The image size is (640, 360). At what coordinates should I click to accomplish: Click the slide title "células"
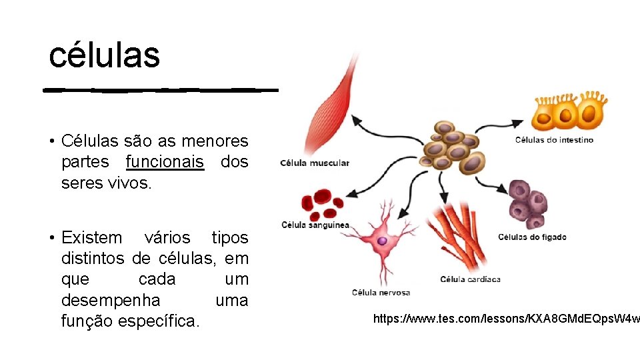105,55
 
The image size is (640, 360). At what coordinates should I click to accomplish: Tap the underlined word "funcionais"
165,162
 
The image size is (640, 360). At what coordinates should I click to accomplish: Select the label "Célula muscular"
314,163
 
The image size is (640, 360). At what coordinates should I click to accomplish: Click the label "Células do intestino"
554,140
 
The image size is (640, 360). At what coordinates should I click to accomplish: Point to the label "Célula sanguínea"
315,225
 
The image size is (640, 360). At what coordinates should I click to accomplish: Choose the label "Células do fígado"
532,237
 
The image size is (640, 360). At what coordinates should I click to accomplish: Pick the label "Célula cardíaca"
470,279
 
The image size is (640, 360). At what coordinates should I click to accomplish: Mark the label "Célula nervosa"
381,293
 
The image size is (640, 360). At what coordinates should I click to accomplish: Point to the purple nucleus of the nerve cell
382,240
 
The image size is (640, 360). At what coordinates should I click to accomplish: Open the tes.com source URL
505,319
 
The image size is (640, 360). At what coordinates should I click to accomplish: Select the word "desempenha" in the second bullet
111,300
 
